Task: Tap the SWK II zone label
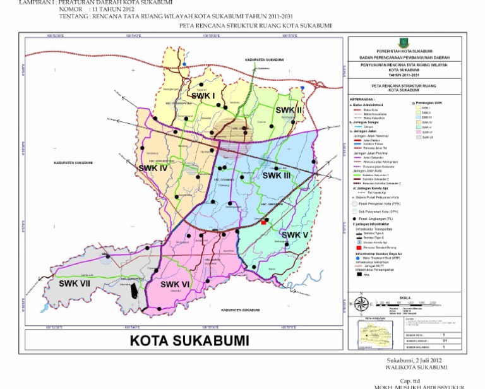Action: pyautogui.click(x=289, y=109)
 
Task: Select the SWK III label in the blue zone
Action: pyautogui.click(x=277, y=176)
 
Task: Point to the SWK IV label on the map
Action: pyautogui.click(x=152, y=169)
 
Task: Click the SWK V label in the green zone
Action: pyautogui.click(x=295, y=235)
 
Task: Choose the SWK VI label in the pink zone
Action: pyautogui.click(x=175, y=284)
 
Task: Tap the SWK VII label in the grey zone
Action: pyautogui.click(x=75, y=284)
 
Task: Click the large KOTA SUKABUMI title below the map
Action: pyautogui.click(x=189, y=340)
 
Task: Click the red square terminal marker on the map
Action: pyautogui.click(x=263, y=222)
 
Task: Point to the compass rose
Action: pyautogui.click(x=361, y=304)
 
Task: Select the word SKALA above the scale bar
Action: pyautogui.click(x=405, y=297)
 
